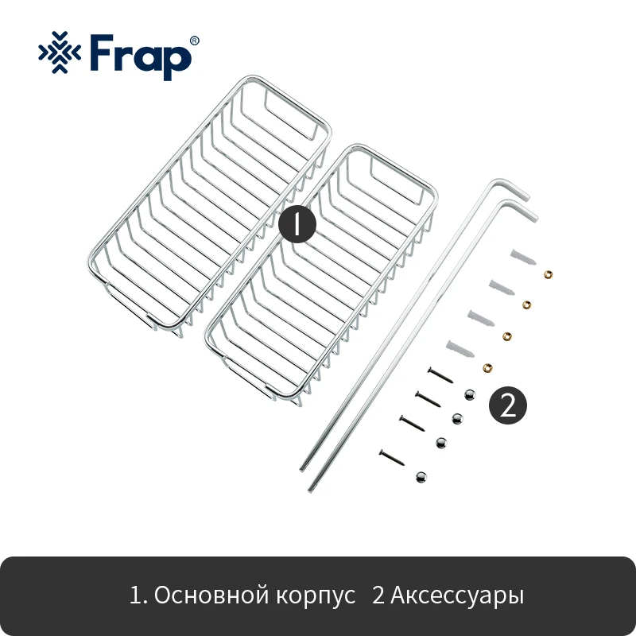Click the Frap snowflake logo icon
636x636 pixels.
coord(60,52)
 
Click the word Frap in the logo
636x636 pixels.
coord(141,56)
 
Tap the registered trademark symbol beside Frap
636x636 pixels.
coord(195,41)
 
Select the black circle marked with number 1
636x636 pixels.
coord(297,224)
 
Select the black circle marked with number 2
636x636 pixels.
coord(508,405)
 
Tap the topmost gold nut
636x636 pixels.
coord(548,274)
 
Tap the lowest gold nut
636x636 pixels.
coord(487,368)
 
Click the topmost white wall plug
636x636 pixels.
coord(523,257)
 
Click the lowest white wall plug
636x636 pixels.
coord(460,349)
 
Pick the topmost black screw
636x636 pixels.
coord(440,374)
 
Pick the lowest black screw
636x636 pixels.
coord(392,458)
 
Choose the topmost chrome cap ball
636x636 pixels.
coord(470,394)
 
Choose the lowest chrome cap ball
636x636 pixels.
coord(421,476)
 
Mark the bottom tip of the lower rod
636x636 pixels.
coord(310,490)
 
